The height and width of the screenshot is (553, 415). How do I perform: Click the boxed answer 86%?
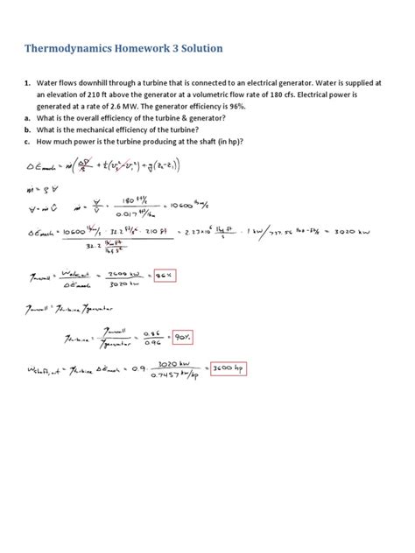(x=163, y=276)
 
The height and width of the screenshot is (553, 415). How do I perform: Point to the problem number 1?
(x=27, y=82)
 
